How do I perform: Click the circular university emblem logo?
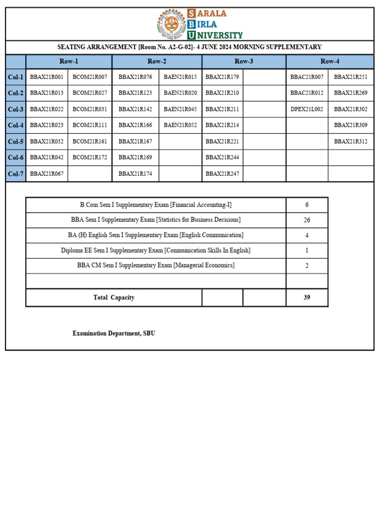(x=171, y=24)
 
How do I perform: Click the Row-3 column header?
(x=244, y=61)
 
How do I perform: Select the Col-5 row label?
(x=16, y=141)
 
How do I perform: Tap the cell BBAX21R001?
(x=47, y=77)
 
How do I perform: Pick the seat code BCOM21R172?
(x=90, y=157)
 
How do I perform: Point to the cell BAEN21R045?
(x=180, y=109)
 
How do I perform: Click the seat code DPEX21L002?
(x=307, y=109)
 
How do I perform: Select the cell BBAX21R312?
(x=351, y=141)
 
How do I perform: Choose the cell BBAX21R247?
(x=222, y=174)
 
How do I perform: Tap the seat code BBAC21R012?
(x=307, y=93)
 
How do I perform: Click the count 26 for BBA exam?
(x=307, y=220)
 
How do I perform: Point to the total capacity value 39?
(x=307, y=298)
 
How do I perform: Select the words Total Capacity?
(x=114, y=298)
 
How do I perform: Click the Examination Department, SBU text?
(x=114, y=333)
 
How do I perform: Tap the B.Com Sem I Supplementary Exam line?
(x=156, y=205)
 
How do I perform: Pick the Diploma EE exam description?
(x=156, y=251)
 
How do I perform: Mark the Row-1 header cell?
(x=69, y=61)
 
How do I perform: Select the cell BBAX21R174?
(x=135, y=174)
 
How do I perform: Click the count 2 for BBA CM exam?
(x=307, y=266)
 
